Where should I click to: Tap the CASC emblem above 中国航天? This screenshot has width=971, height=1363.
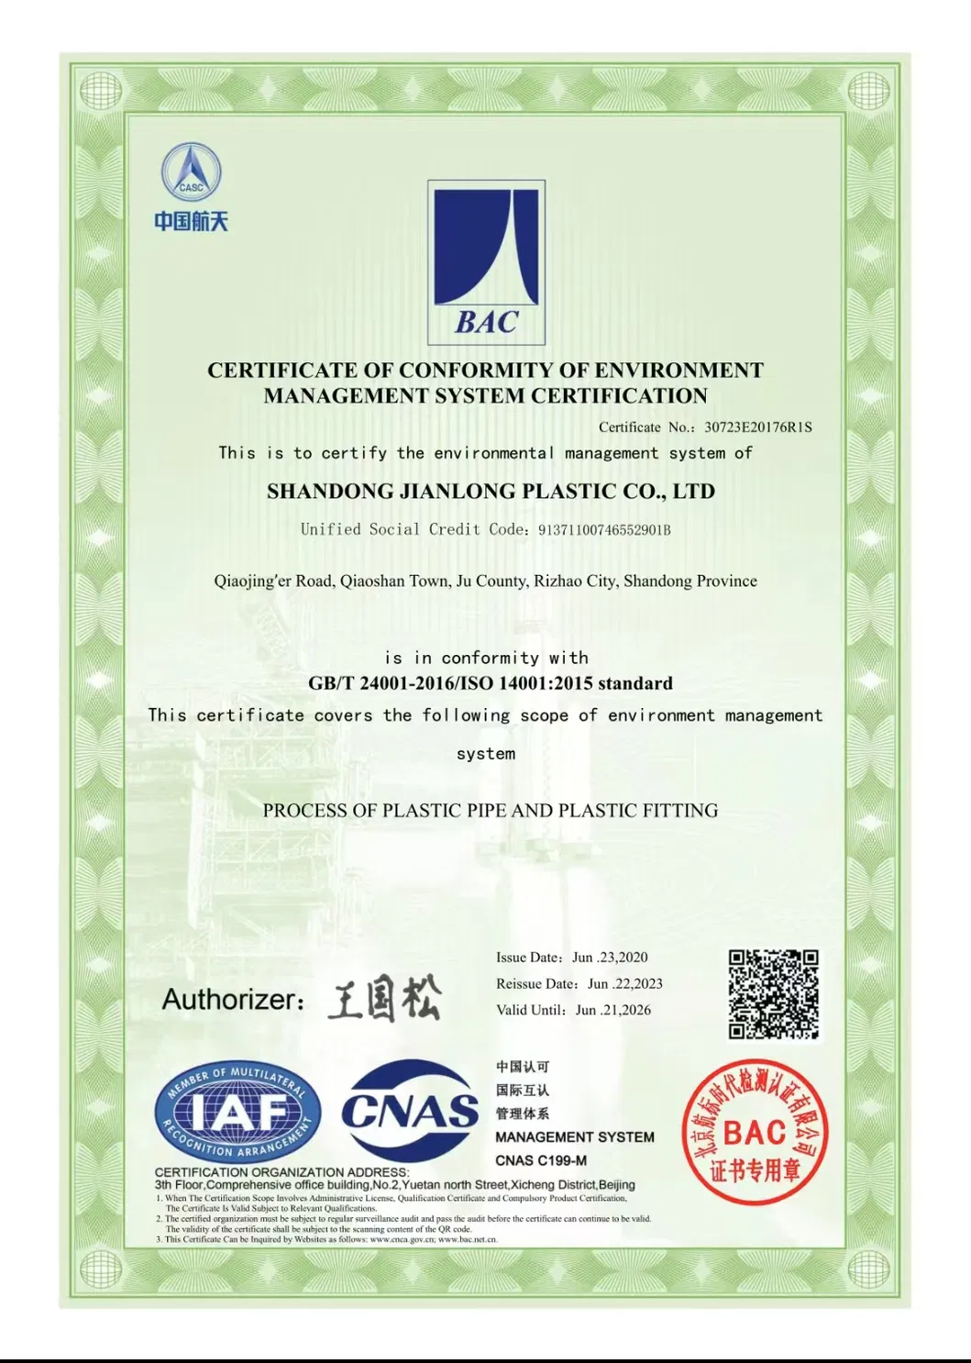click(191, 173)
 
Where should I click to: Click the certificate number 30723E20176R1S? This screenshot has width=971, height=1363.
click(757, 427)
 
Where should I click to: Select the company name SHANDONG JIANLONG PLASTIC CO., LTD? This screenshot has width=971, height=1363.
click(491, 492)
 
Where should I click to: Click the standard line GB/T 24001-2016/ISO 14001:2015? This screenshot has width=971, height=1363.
click(491, 683)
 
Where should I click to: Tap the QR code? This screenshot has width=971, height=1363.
click(773, 995)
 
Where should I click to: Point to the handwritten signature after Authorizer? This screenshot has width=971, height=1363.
click(385, 999)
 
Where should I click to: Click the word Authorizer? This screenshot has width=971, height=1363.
click(232, 999)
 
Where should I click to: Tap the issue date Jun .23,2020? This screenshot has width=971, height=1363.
click(610, 958)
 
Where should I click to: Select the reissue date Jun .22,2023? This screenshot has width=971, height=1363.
click(624, 984)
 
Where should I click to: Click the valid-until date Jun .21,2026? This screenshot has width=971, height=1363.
click(612, 1010)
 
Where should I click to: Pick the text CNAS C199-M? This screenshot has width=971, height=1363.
click(541, 1160)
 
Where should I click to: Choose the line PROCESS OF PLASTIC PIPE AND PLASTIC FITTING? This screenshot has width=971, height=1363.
click(491, 811)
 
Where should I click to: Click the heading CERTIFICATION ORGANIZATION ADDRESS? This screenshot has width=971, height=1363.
click(281, 1172)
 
